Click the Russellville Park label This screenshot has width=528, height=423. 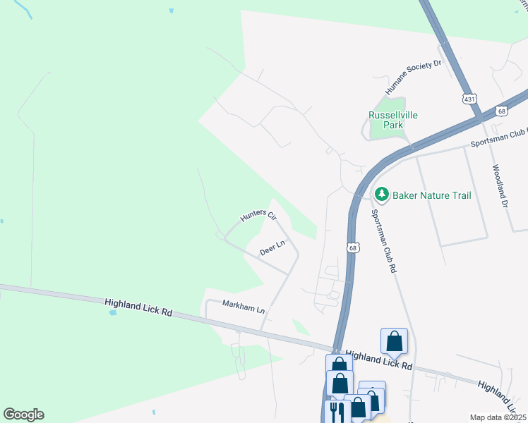click(386, 120)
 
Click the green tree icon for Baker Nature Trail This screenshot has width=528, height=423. click(382, 194)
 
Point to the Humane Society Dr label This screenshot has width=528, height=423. click(413, 78)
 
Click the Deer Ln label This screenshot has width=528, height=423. click(272, 248)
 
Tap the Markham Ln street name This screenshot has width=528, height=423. click(243, 309)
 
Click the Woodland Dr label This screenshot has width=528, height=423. click(500, 186)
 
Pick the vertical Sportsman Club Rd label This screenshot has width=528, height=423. click(384, 240)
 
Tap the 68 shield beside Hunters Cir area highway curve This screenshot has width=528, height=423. click(353, 247)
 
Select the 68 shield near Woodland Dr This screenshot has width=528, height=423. click(501, 111)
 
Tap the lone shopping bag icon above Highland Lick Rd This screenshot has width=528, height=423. click(394, 341)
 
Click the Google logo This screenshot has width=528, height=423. click(23, 415)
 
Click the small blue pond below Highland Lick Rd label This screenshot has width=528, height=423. click(113, 312)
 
